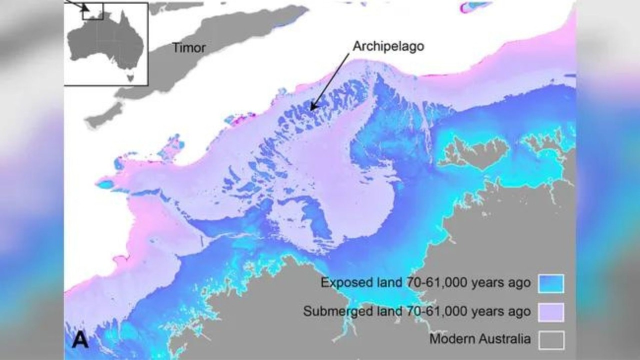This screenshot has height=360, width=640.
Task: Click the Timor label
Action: click(x=188, y=47)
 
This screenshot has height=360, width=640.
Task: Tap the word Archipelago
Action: click(x=388, y=46)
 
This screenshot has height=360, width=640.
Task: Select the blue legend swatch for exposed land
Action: click(x=551, y=283)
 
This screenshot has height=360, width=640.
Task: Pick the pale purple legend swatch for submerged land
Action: click(x=551, y=312)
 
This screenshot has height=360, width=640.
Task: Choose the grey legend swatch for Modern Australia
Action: click(x=551, y=340)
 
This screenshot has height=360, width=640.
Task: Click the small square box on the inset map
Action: click(x=93, y=11)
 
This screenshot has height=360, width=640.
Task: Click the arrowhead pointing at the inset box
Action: click(x=86, y=8)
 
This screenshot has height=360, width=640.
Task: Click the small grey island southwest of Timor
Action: click(x=102, y=116)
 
